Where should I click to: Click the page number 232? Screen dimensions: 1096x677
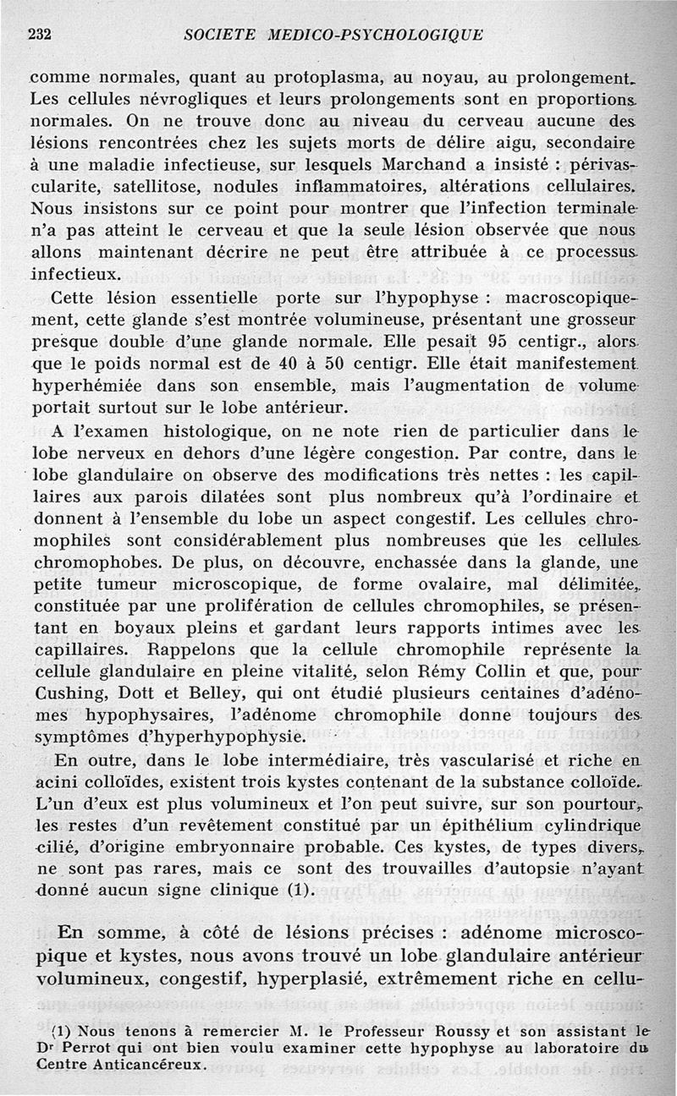click(x=41, y=35)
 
